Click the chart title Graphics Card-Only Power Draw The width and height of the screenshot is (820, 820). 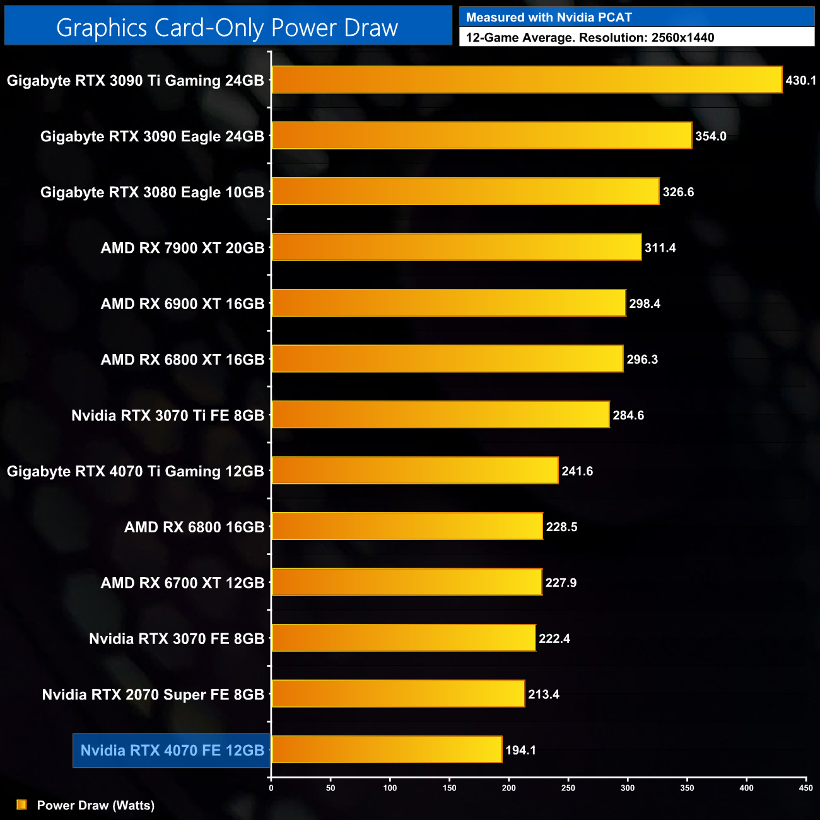tap(227, 28)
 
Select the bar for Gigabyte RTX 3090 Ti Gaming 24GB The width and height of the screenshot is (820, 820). tap(527, 80)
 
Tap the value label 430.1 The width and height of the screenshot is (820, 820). tap(800, 81)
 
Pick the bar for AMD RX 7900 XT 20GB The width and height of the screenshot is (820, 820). tap(456, 247)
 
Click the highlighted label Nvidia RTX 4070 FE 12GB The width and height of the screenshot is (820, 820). tap(172, 751)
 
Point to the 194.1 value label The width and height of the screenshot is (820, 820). tap(520, 750)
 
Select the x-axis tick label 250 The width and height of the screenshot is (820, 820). tap(568, 788)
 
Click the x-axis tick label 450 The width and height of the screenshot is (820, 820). tap(805, 788)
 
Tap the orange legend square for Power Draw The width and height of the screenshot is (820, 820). tap(21, 805)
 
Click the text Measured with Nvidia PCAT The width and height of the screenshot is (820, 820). tap(549, 18)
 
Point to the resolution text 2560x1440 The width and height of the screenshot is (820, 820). tap(682, 38)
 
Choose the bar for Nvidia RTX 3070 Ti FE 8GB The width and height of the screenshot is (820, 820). tap(440, 414)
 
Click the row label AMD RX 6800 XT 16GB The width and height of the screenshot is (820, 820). tap(182, 360)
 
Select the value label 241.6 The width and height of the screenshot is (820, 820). tap(577, 471)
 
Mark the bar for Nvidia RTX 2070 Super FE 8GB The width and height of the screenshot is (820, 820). tap(398, 694)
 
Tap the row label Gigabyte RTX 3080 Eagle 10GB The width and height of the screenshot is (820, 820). tap(152, 192)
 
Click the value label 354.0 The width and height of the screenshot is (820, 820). tap(711, 136)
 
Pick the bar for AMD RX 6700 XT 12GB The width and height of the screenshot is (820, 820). tap(407, 582)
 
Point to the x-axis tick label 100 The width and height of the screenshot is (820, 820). tap(390, 788)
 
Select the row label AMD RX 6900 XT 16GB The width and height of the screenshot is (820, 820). tap(182, 304)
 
